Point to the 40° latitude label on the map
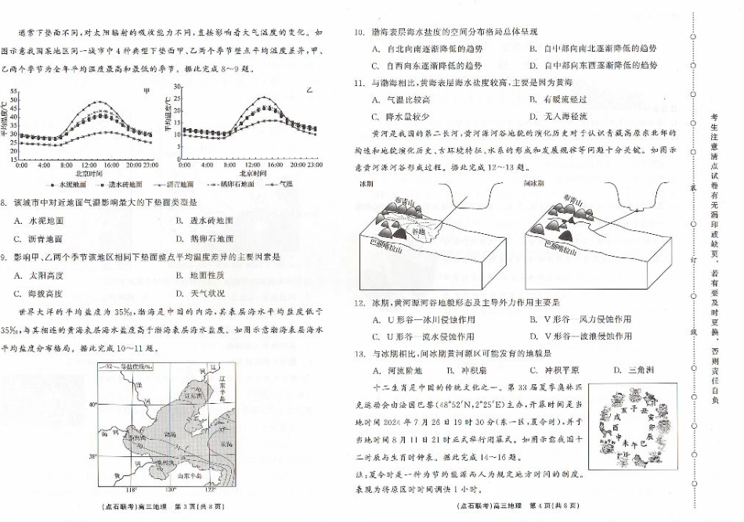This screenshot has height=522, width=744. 92,404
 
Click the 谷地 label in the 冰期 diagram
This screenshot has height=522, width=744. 419,232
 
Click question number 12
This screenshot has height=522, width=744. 359,301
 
